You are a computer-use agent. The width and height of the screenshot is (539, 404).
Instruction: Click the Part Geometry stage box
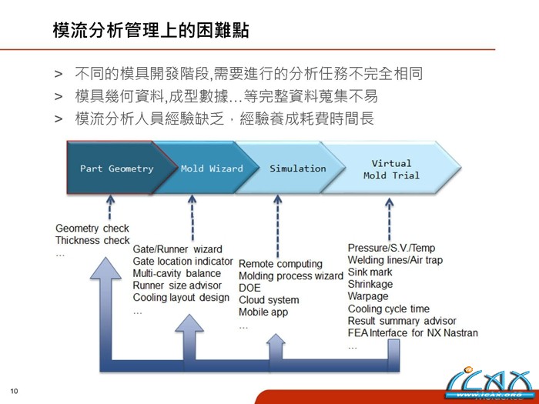tap(116, 169)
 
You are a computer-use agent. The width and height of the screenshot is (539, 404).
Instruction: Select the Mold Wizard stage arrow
tap(212, 169)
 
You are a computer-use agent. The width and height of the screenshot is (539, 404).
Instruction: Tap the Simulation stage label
tap(297, 169)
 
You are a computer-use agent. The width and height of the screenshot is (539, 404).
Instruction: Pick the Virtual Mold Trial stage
tap(391, 169)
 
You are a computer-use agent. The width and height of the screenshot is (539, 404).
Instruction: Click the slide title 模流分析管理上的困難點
tap(150, 31)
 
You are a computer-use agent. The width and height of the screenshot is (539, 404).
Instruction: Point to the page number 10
tap(14, 391)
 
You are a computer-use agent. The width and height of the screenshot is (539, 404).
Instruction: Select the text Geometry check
tap(92, 229)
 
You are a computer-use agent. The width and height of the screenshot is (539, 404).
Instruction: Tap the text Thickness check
tap(92, 241)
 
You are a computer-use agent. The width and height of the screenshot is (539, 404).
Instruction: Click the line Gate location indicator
tap(183, 262)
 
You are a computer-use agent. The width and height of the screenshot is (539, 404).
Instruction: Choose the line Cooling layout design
tap(181, 298)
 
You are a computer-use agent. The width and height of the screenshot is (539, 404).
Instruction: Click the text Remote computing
tap(280, 264)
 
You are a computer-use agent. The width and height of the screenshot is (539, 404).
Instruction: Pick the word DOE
tap(250, 288)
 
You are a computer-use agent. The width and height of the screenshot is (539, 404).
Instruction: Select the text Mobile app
tap(263, 312)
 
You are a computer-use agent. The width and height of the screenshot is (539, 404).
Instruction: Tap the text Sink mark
tap(370, 272)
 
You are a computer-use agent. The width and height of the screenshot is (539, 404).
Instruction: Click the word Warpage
tap(368, 296)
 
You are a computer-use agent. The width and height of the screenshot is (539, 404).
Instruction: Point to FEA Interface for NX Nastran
tap(413, 333)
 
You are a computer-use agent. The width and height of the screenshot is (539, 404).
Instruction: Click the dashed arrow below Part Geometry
tap(110, 207)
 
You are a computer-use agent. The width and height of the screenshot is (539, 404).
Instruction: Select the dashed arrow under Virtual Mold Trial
tap(390, 219)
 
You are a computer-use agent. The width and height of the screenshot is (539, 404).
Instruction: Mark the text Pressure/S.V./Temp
tap(391, 248)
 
